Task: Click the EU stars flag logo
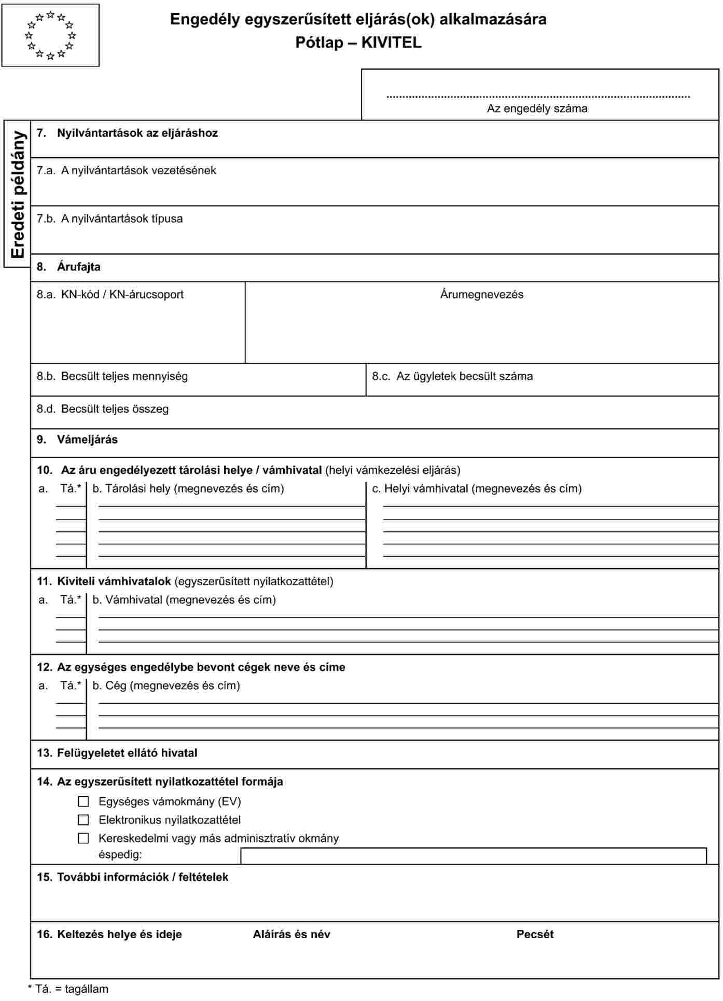(50, 35)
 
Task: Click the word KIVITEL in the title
(391, 43)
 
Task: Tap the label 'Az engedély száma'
(537, 108)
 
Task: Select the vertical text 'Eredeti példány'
(18, 194)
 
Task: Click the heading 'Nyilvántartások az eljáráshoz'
(137, 133)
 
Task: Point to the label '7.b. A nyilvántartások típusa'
(109, 218)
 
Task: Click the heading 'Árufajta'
(78, 267)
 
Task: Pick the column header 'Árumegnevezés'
(481, 294)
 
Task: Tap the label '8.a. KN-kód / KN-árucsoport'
(110, 294)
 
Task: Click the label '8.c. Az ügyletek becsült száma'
(452, 376)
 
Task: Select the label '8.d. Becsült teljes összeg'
(103, 409)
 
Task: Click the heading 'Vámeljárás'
(87, 440)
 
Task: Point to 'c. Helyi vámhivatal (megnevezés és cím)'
(477, 488)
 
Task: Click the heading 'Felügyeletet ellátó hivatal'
(127, 753)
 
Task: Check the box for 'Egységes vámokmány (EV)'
(84, 802)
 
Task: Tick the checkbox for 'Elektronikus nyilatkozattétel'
(84, 820)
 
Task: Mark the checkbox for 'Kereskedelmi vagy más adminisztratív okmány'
(84, 838)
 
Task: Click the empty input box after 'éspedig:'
(473, 856)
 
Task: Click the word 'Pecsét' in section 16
(535, 934)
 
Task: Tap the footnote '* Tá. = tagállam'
(68, 989)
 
